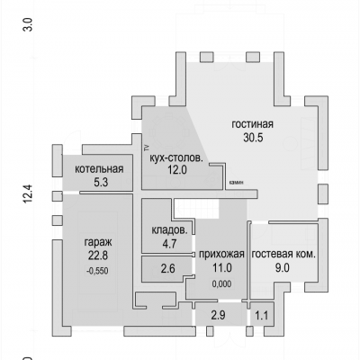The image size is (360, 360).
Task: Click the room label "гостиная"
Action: click(x=252, y=124)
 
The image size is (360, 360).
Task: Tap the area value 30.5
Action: click(x=253, y=138)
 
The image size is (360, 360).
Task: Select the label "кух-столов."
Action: click(x=176, y=157)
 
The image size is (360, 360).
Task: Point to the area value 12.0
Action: click(x=177, y=170)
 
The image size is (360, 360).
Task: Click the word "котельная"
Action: click(x=99, y=168)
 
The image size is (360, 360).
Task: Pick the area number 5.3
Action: click(x=101, y=182)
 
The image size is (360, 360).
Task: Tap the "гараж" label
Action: click(x=98, y=242)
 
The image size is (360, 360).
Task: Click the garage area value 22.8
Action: click(x=98, y=256)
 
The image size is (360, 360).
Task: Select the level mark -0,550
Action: click(x=97, y=271)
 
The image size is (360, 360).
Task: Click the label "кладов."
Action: click(x=169, y=230)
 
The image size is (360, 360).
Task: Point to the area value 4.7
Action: click(x=169, y=243)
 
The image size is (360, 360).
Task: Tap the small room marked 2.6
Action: click(x=167, y=268)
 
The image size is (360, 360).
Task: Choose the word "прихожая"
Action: click(x=221, y=255)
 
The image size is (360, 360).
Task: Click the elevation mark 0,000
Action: click(x=221, y=283)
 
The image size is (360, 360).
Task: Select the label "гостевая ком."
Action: click(x=283, y=255)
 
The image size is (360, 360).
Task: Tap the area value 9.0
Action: click(x=283, y=267)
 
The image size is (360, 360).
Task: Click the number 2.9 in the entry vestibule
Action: click(x=218, y=315)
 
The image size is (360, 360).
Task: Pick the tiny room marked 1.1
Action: click(x=262, y=316)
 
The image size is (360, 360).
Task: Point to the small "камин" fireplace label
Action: click(x=238, y=182)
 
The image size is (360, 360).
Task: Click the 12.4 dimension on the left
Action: click(x=28, y=194)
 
